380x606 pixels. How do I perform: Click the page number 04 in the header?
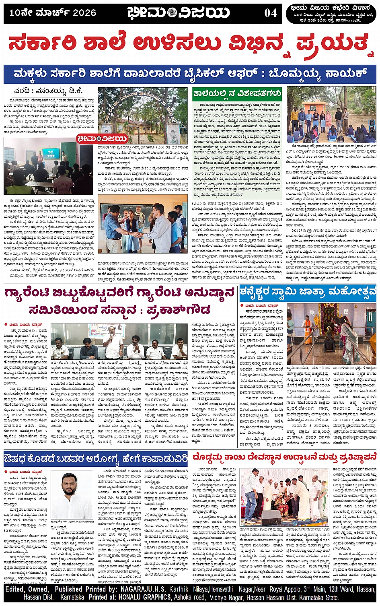tap(271, 13)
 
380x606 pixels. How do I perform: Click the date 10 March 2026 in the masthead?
tap(53, 13)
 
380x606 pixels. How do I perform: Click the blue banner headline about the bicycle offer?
tap(190, 74)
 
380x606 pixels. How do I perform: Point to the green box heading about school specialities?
tap(237, 94)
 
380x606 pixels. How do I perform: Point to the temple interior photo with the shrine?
tap(332, 334)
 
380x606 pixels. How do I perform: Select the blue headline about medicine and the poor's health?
tap(96, 459)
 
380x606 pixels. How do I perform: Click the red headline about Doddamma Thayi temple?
tap(285, 458)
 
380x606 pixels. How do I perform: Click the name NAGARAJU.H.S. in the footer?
tap(144, 590)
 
